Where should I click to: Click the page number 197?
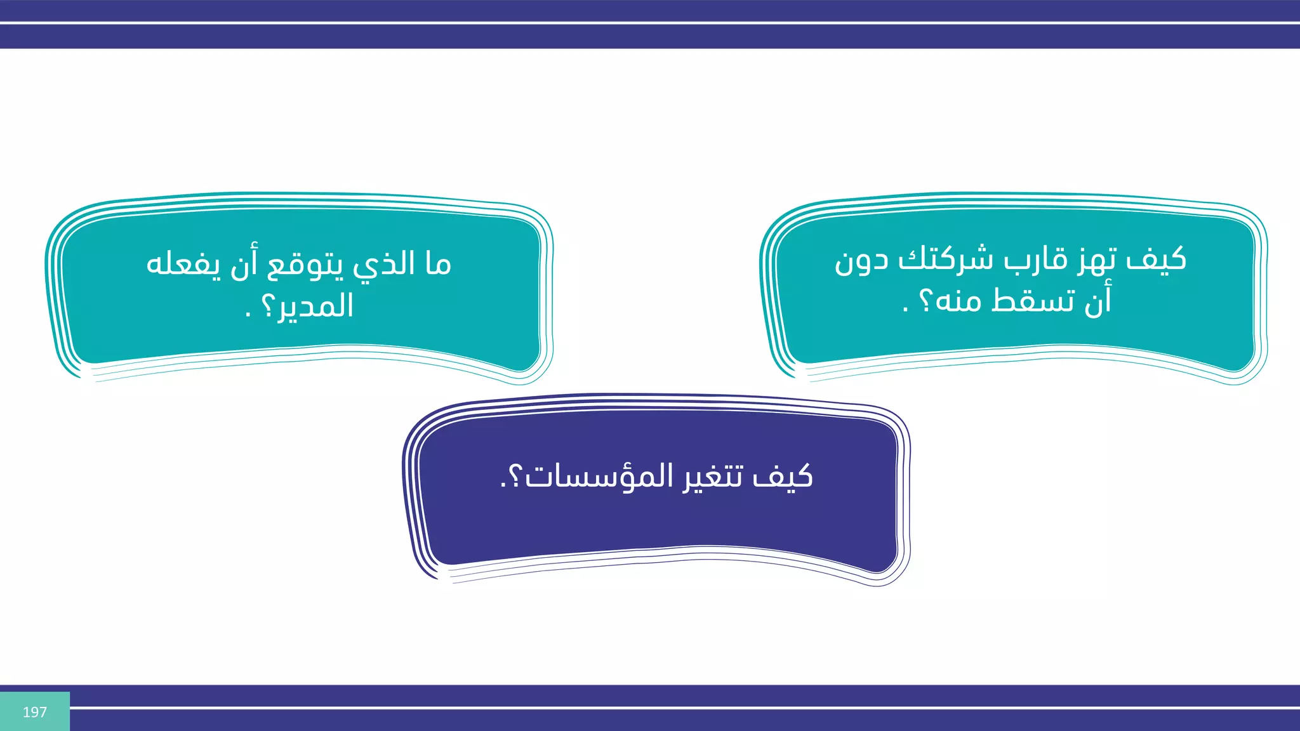click(x=34, y=712)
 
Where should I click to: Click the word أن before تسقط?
click(x=1098, y=300)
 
